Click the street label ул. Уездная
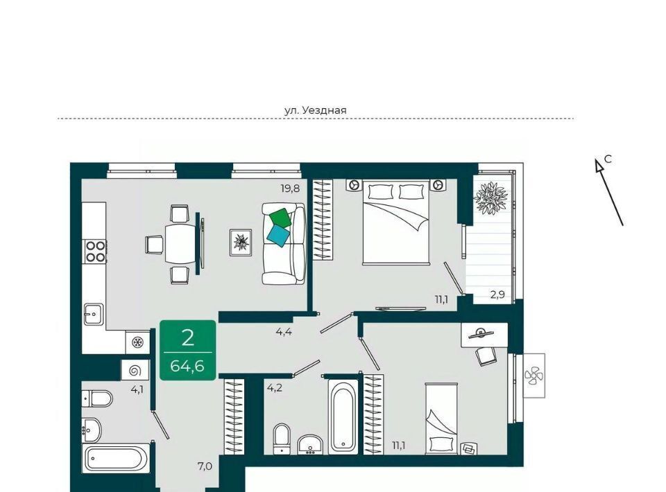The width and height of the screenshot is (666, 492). (315, 110)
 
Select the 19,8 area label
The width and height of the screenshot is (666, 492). (290, 188)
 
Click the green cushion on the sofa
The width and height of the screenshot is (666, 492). (281, 218)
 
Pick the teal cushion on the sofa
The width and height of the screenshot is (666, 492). (277, 236)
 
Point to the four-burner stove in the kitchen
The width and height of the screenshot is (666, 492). (96, 251)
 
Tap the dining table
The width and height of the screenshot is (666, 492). (181, 244)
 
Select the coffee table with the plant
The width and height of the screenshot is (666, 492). (241, 242)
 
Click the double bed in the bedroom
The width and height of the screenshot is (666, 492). (395, 221)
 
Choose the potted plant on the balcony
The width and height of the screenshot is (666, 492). (491, 197)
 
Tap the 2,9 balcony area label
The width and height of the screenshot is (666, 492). (497, 295)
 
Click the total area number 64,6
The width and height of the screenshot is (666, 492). (187, 365)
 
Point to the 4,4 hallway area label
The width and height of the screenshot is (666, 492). (284, 332)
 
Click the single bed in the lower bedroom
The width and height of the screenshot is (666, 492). (441, 418)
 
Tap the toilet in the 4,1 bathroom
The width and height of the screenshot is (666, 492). (97, 398)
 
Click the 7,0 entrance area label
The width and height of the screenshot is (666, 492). (205, 466)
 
